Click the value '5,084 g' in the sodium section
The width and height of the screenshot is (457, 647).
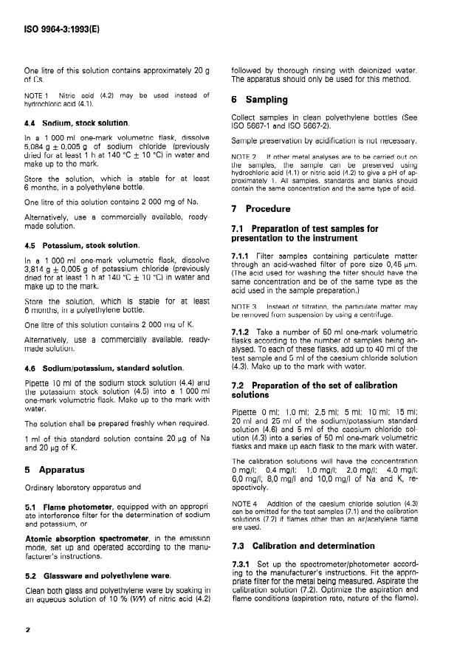(x=36, y=148)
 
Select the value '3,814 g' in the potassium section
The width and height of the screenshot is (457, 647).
(x=36, y=270)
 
